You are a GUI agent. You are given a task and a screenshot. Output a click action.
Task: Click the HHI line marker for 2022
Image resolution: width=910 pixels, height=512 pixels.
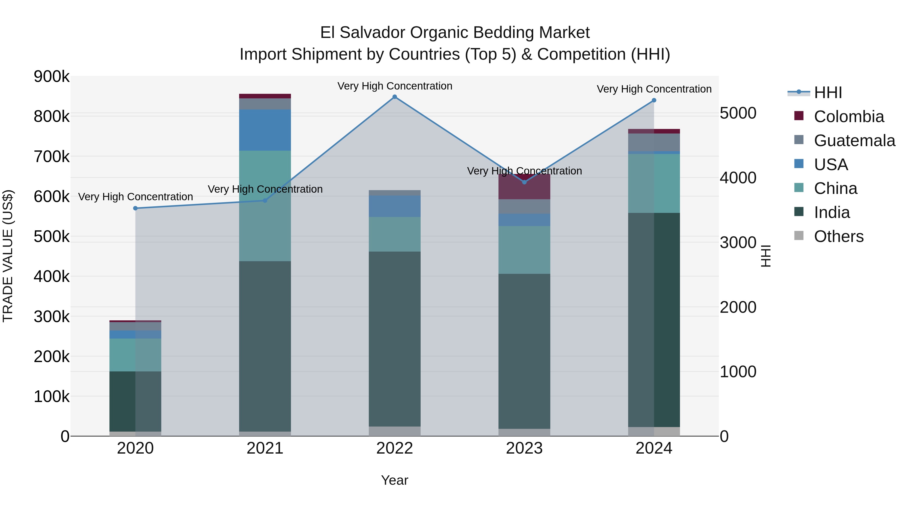click(395, 97)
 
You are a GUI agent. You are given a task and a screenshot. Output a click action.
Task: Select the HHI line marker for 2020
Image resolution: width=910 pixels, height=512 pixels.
click(135, 208)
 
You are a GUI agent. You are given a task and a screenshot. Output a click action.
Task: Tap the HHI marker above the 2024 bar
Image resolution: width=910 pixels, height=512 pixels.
click(654, 100)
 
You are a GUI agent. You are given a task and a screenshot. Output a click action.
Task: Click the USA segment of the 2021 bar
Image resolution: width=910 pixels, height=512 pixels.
click(265, 130)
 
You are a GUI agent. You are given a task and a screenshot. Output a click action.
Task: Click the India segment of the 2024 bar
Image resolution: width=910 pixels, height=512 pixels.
click(654, 320)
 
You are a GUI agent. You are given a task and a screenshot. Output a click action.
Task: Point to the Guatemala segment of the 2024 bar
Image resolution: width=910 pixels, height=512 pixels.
click(654, 142)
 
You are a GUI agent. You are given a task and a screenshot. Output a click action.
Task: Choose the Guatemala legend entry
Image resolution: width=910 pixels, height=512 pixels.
click(854, 141)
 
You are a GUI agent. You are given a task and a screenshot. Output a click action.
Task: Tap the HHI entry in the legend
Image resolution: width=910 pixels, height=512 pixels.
click(828, 93)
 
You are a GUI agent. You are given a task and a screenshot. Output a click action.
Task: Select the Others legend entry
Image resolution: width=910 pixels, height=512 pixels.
click(838, 236)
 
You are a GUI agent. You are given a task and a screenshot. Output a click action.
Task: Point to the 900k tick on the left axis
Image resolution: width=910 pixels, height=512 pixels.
click(52, 77)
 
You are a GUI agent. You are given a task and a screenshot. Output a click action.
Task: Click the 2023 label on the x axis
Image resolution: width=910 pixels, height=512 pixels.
click(524, 448)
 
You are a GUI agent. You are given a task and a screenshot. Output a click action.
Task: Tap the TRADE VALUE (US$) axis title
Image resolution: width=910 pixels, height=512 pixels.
click(8, 256)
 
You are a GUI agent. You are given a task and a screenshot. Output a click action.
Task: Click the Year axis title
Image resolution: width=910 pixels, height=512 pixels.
click(395, 480)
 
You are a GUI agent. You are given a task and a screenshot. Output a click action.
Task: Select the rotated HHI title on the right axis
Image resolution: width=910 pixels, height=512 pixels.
click(765, 256)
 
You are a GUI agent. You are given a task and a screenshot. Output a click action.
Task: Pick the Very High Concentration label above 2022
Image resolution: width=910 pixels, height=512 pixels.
click(395, 86)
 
